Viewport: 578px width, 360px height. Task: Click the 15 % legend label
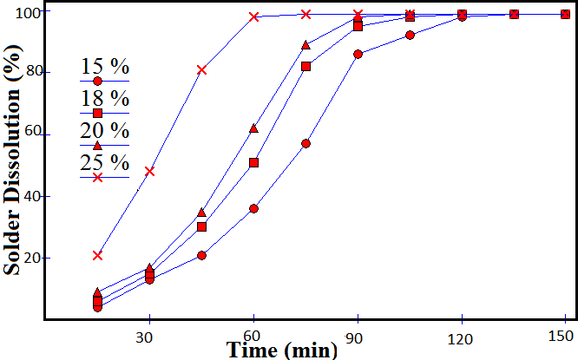[x=105, y=67]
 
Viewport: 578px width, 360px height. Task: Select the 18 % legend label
[x=105, y=98]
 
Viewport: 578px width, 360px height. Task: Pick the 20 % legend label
[x=105, y=131]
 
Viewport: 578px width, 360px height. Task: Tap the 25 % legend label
[x=105, y=162]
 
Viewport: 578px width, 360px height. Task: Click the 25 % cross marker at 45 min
[x=201, y=69]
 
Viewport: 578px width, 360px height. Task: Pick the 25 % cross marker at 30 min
[x=149, y=171]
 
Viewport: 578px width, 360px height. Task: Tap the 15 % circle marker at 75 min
[x=305, y=143]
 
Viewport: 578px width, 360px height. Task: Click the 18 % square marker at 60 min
[x=253, y=162]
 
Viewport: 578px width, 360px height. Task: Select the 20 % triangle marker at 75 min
[x=305, y=45]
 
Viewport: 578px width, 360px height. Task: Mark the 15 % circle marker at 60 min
[x=253, y=208]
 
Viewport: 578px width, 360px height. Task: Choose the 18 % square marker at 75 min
[x=305, y=66]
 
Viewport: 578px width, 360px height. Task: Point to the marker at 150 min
[x=565, y=14]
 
